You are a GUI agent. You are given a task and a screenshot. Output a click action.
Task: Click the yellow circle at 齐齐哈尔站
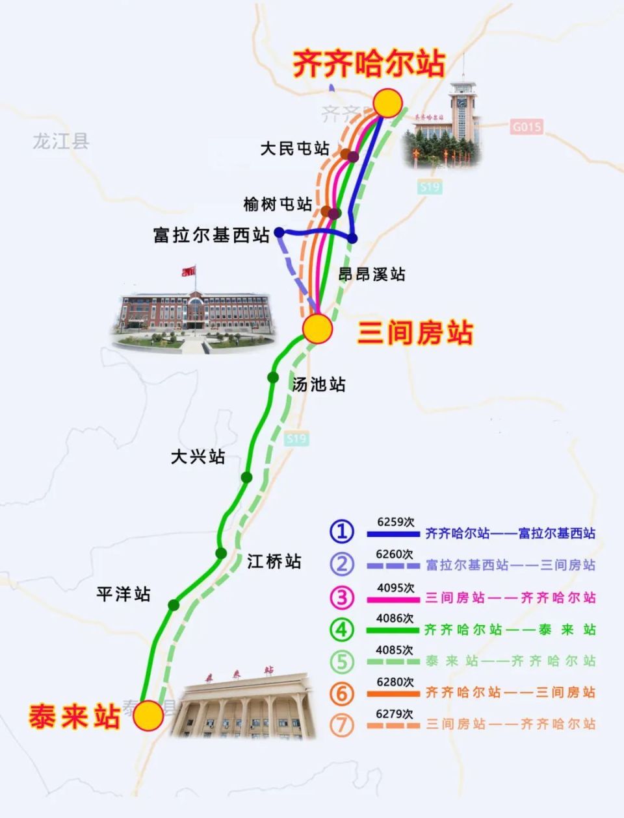[387, 103]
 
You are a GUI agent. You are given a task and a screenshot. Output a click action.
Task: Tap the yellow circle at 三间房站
[318, 329]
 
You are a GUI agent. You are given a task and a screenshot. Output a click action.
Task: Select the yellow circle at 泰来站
[149, 715]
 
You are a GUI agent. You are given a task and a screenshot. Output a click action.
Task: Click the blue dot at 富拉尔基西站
[279, 232]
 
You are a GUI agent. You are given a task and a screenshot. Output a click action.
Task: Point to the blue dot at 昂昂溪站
[352, 238]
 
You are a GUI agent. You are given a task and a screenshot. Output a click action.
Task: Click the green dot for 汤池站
[273, 377]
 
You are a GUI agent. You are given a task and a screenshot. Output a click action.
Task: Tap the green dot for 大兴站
[246, 477]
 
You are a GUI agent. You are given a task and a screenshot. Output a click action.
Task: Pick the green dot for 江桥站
[221, 553]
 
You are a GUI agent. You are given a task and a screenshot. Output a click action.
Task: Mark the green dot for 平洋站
[174, 604]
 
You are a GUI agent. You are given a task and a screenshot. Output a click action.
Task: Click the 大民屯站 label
[294, 149]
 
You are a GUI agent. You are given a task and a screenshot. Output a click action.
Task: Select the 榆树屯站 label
[278, 204]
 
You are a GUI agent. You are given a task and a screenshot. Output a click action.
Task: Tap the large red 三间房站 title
[415, 333]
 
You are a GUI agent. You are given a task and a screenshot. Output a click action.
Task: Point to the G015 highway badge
[526, 127]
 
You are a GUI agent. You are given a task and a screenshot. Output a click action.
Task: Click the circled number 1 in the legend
[341, 532]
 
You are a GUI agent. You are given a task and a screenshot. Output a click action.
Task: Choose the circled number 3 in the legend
[341, 597]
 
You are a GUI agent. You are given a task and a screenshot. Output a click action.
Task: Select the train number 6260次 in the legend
[395, 554]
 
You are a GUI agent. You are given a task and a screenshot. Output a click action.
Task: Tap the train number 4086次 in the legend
[395, 618]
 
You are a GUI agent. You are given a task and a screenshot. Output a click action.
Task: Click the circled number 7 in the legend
[341, 725]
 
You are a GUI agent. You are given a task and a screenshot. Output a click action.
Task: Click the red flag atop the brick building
[188, 271]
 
